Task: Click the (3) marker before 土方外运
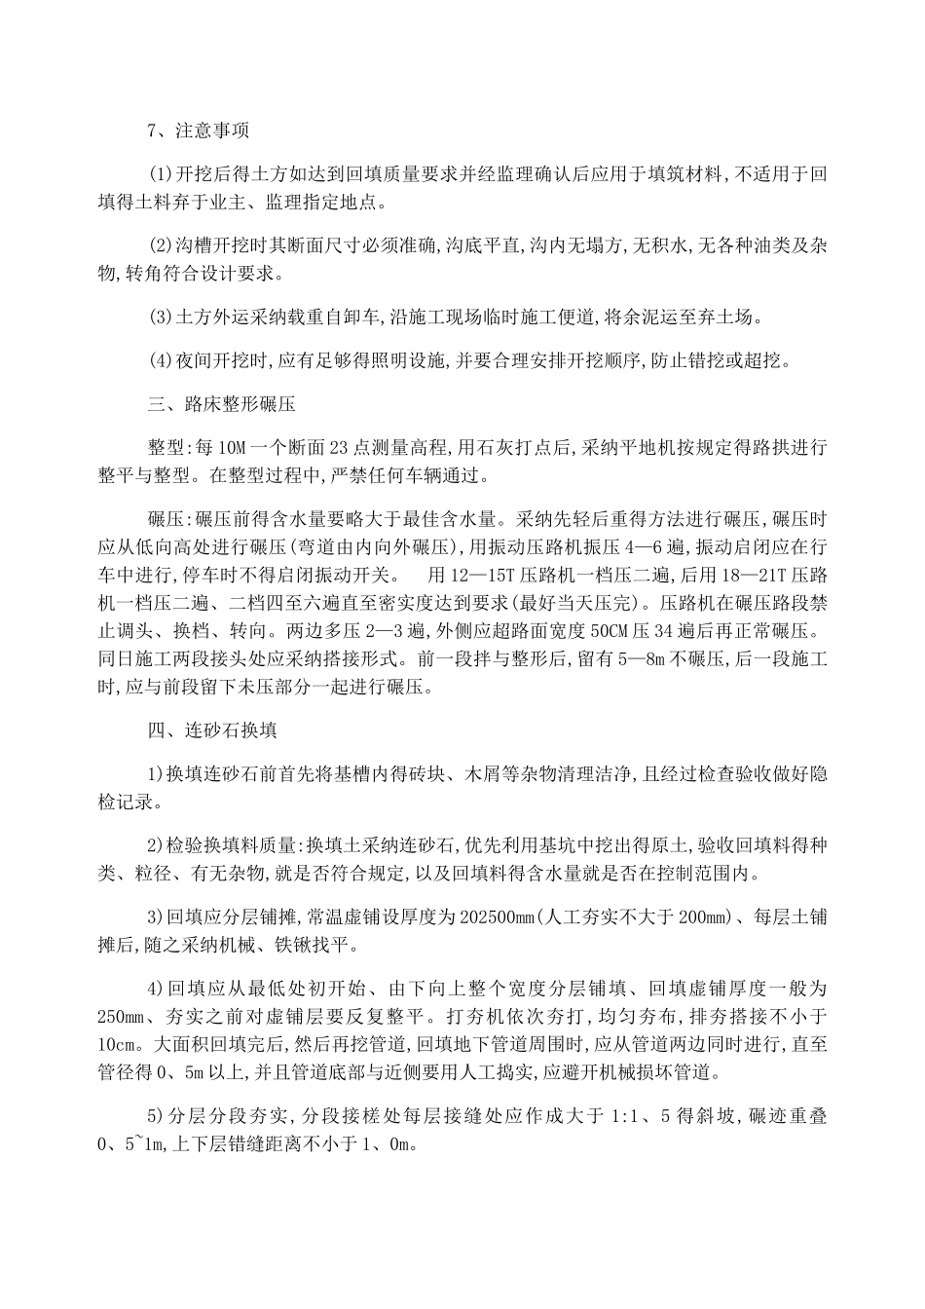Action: (160, 317)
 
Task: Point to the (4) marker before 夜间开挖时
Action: (160, 359)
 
